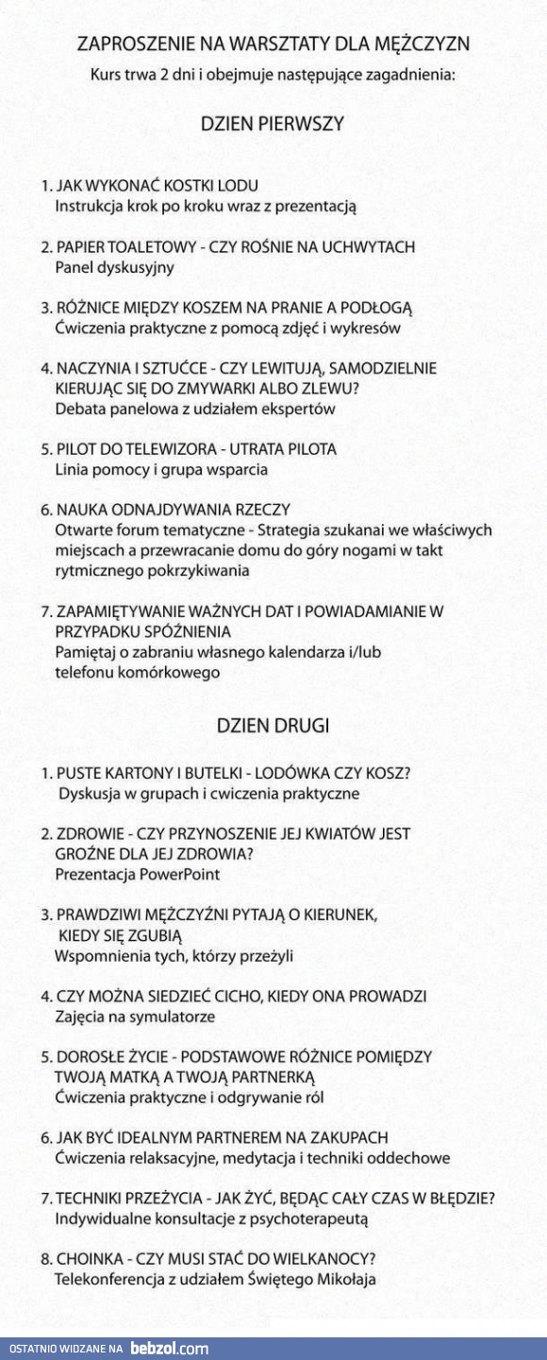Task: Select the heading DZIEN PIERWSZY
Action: pyautogui.click(x=273, y=124)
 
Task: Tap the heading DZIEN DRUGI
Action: pyautogui.click(x=273, y=726)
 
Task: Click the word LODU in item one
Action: pyautogui.click(x=239, y=186)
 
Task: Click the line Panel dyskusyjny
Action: pyautogui.click(x=101, y=267)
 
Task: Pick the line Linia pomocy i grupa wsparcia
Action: pyautogui.click(x=161, y=469)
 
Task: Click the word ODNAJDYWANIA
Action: pyautogui.click(x=163, y=510)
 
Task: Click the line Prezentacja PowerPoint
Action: pyautogui.click(x=137, y=874)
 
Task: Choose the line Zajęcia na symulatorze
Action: pyautogui.click(x=135, y=1016)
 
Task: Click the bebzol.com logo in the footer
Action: pyautogui.click(x=169, y=1349)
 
